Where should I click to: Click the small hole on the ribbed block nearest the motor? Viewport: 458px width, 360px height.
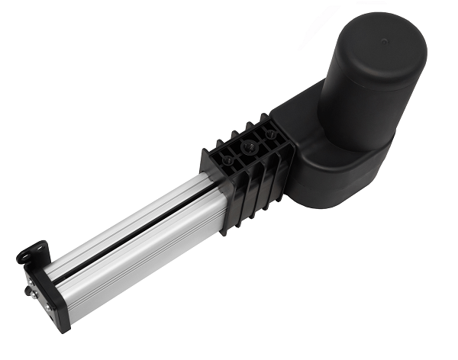click(270, 134)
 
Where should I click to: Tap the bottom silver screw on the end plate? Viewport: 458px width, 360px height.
click(47, 307)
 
